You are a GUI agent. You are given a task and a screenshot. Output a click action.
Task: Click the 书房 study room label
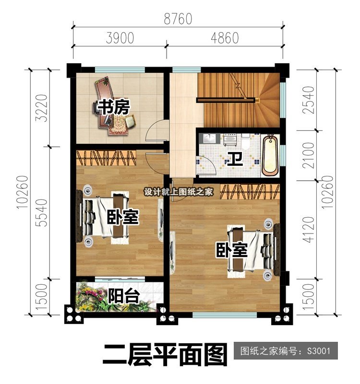point(114,107)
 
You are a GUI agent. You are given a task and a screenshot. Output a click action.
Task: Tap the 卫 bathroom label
point(235,159)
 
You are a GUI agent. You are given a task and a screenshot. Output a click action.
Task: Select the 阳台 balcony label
point(124,296)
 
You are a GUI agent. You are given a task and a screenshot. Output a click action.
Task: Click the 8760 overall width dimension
point(178,19)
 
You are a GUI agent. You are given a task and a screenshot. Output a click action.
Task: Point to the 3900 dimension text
point(120,38)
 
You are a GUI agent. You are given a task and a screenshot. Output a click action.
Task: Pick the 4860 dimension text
point(225,38)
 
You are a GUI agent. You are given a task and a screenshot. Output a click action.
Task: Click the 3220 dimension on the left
point(41,108)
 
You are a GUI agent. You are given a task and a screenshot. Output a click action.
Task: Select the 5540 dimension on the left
point(41,212)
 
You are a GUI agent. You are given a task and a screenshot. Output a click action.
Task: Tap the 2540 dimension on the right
point(309,100)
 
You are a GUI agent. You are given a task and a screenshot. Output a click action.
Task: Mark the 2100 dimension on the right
point(309,155)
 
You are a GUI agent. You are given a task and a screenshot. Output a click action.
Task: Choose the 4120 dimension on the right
point(309,230)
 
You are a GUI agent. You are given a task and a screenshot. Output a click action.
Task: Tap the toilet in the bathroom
point(245,141)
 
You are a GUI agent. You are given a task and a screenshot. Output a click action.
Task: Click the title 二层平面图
point(165,355)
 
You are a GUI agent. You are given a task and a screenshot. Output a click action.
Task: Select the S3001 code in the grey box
point(319,351)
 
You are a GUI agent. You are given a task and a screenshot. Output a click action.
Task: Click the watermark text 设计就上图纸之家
point(179,192)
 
